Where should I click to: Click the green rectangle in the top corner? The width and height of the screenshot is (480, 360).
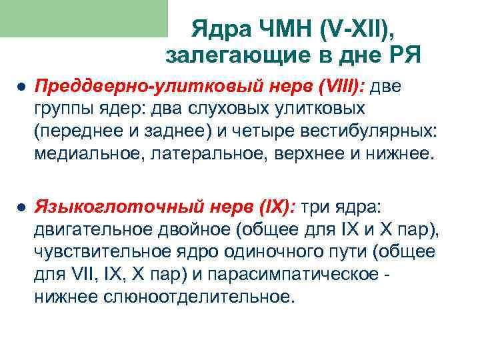pos(84,18)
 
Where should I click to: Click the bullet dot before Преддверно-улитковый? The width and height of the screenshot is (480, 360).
pos(21,88)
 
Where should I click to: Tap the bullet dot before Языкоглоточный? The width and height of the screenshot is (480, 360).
pos(21,207)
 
